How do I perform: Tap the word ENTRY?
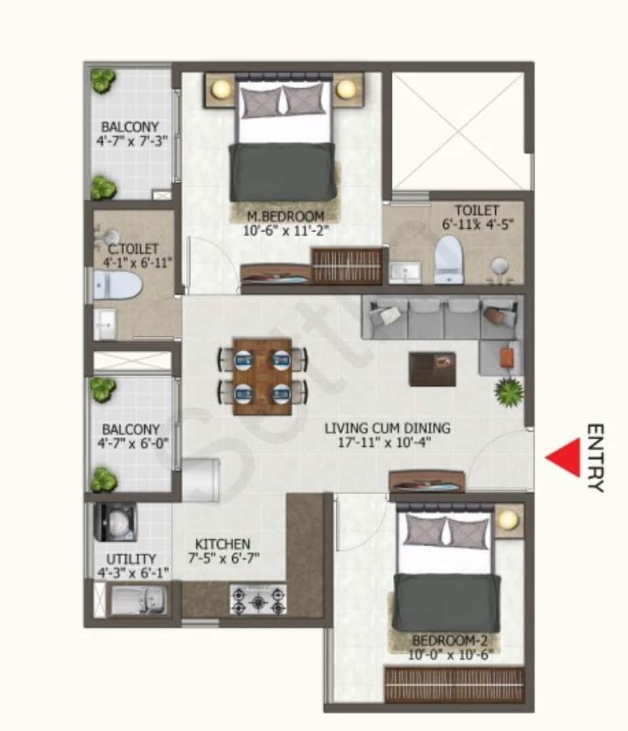tap(595, 458)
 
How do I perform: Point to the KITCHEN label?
tap(223, 544)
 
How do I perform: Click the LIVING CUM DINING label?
tap(387, 428)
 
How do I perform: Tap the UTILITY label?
tap(131, 559)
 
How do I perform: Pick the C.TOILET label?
tap(133, 249)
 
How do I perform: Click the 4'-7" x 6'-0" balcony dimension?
tap(133, 444)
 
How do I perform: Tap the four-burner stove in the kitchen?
tap(257, 600)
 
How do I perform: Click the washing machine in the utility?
tap(116, 522)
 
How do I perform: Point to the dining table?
tap(262, 376)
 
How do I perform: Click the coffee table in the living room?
tap(432, 369)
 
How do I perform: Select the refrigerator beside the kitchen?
tap(201, 479)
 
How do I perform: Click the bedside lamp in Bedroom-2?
tap(508, 520)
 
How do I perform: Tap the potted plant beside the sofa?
tap(508, 392)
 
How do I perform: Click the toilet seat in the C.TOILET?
tap(118, 285)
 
